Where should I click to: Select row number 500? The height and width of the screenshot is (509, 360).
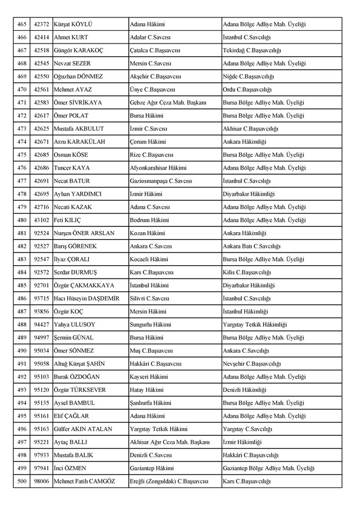point(22,481)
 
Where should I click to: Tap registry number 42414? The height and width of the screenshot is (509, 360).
point(41,37)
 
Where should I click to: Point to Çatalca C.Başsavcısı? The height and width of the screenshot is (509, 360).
point(157,50)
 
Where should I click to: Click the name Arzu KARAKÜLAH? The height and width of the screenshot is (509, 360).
point(80,142)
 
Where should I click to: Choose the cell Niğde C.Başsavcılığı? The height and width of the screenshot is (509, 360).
point(249,77)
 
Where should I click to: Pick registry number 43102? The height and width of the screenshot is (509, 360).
point(41,220)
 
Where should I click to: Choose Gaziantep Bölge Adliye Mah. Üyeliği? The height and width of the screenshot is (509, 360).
point(269,468)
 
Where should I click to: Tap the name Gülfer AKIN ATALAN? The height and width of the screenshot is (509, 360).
point(85,429)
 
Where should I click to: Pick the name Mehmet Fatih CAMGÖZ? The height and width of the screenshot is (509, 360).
point(84,481)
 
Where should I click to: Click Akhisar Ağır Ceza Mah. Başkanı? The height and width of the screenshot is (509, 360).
point(170,442)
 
